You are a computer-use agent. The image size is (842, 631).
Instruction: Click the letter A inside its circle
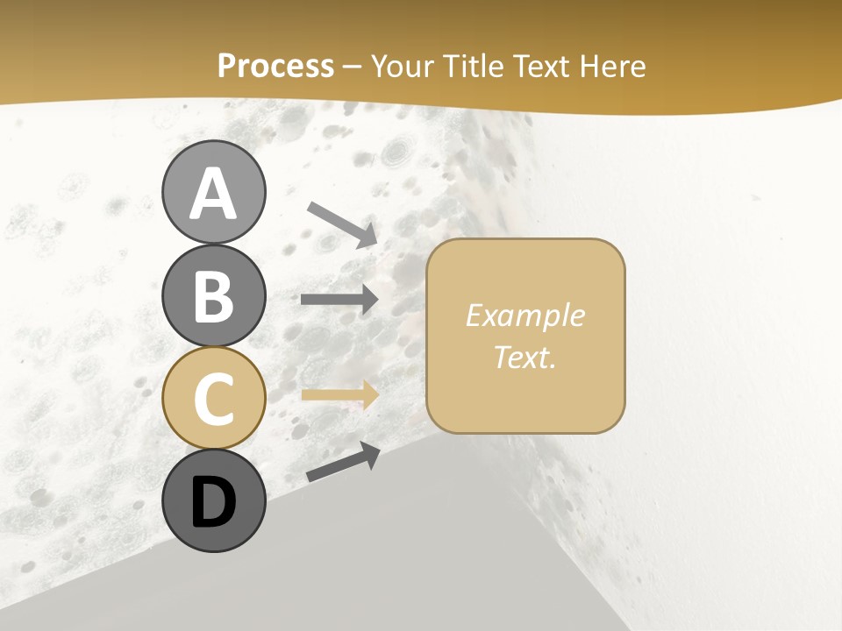(x=213, y=194)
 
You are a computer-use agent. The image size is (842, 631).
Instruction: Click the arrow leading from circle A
(x=343, y=224)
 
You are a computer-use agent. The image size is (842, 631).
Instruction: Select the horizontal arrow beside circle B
(x=339, y=300)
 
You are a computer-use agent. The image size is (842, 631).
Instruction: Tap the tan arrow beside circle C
(x=339, y=394)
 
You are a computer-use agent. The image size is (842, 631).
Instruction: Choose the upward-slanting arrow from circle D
(x=343, y=462)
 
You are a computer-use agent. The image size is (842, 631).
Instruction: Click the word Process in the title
(x=275, y=66)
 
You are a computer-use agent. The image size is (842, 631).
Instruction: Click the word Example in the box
(x=524, y=315)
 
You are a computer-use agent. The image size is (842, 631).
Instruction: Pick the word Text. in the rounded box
(x=524, y=357)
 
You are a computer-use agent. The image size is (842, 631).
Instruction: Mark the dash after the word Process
(x=353, y=67)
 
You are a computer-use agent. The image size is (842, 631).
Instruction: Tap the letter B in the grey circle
(x=213, y=296)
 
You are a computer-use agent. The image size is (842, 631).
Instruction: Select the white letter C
(x=213, y=399)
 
